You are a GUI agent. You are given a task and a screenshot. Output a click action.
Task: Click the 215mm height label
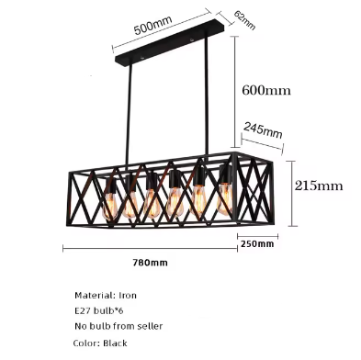[318, 185]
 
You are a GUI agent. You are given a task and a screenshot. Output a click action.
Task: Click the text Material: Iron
[106, 296]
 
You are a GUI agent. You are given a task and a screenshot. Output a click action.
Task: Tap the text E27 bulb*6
[100, 311]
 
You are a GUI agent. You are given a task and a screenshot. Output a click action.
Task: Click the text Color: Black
[101, 343]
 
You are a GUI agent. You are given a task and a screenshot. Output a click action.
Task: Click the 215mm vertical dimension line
[291, 193]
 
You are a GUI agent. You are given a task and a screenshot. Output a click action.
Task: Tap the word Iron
[127, 296]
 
